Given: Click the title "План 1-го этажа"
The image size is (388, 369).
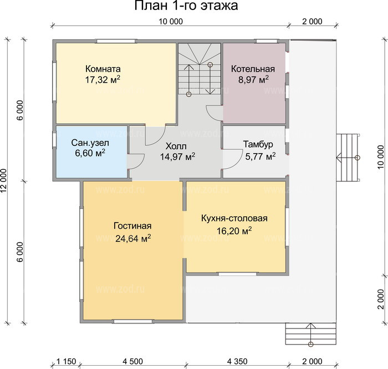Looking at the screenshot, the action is tap(186, 6).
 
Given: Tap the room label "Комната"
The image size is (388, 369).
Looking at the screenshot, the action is tap(103, 69).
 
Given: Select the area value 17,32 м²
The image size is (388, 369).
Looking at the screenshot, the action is tap(103, 79).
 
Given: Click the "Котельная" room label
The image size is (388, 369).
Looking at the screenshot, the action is tap(253, 69).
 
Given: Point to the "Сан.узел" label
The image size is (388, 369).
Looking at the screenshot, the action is tap(90, 143).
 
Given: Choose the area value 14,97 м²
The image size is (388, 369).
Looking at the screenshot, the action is tap(177, 156).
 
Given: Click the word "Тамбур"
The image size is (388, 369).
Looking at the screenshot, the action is tap(258, 144).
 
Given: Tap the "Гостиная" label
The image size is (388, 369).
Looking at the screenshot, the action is tap(132, 226).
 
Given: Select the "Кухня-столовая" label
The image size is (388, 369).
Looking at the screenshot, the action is tap(234, 218).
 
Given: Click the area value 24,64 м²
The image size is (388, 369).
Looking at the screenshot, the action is tap(133, 238).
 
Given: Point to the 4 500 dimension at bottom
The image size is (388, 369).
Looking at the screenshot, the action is tap(132, 361).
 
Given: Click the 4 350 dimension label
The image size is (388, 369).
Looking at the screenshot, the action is tap(237, 361).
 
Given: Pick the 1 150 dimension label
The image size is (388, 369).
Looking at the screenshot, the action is tap(67, 361).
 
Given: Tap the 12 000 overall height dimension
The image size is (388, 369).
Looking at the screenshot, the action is tap(4, 181).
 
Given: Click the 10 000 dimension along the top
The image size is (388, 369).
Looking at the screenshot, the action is tap(171, 22).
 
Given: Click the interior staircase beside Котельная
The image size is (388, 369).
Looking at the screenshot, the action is tap(200, 69).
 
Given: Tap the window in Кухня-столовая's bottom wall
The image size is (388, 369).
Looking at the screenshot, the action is tap(237, 274).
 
